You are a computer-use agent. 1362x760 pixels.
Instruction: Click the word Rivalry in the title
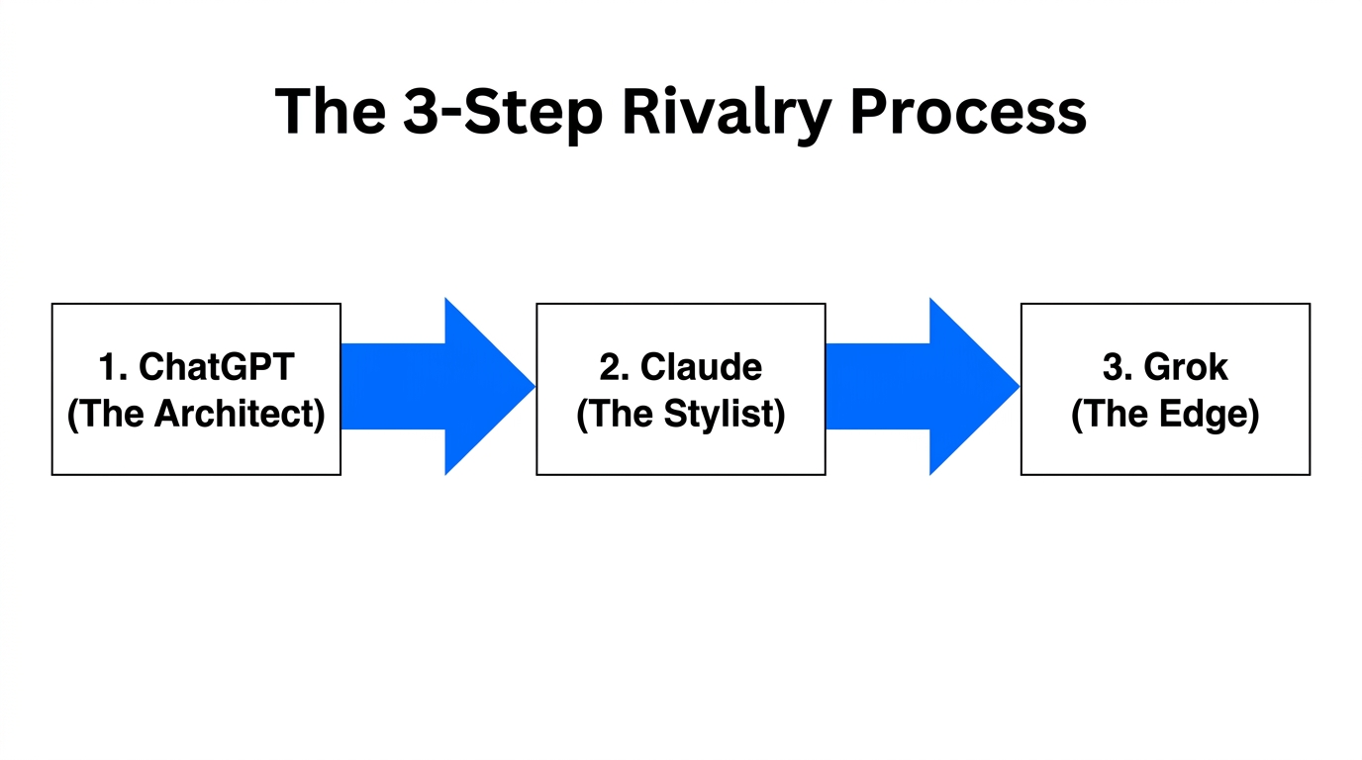[x=727, y=112]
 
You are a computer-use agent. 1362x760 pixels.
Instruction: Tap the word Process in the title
[x=968, y=112]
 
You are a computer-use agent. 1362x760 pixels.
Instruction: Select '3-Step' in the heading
[x=503, y=112]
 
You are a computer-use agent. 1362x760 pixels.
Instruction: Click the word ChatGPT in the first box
[x=217, y=367]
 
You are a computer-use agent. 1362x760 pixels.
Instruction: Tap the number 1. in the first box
[x=114, y=367]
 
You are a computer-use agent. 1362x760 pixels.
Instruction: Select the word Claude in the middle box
[x=701, y=367]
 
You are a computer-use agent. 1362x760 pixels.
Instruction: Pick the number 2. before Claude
[x=615, y=367]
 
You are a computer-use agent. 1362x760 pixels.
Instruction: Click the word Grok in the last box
[x=1185, y=367]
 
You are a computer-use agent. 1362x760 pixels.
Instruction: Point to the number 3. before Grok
[x=1118, y=367]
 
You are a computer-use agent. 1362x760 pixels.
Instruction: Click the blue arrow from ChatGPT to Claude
[x=436, y=386]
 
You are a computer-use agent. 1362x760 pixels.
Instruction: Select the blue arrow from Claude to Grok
[x=921, y=386]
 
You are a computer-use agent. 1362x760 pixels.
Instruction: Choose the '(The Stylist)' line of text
[x=681, y=414]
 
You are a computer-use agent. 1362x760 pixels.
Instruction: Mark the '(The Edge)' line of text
[x=1165, y=414]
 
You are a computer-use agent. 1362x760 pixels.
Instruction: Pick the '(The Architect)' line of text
[x=196, y=414]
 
